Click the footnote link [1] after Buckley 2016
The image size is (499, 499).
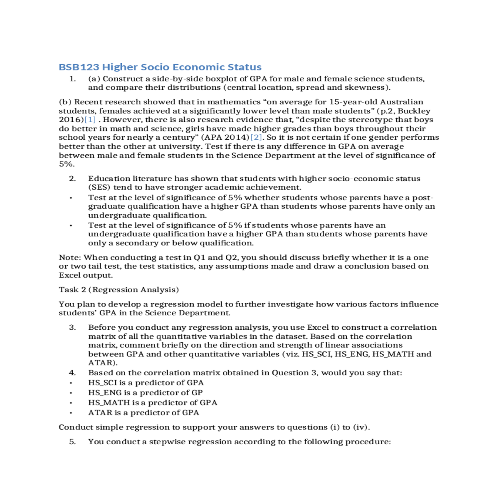click(90, 120)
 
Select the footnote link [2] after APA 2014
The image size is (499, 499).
click(256, 138)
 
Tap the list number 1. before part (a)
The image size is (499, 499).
click(73, 79)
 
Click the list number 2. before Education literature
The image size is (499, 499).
click(73, 179)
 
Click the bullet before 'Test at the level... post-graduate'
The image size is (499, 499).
click(71, 198)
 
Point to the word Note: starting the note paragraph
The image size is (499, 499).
click(70, 258)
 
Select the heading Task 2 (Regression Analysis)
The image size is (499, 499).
click(119, 290)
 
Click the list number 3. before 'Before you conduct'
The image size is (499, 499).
click(73, 328)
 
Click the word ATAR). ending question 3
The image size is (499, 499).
click(103, 363)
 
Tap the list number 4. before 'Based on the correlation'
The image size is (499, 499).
click(73, 373)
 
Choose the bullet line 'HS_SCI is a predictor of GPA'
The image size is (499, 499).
click(146, 383)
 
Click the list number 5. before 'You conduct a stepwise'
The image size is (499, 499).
click(73, 442)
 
